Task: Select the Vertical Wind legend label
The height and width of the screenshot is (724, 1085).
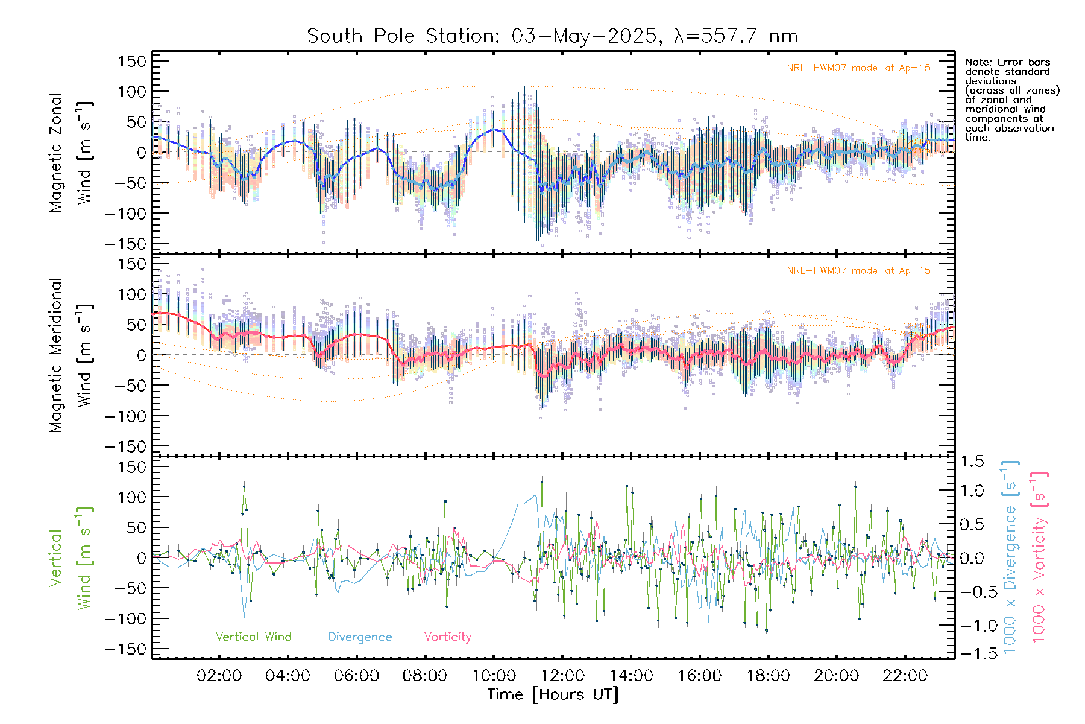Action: click(253, 637)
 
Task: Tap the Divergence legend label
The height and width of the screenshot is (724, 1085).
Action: click(360, 637)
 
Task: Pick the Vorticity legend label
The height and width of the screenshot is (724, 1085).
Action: click(447, 637)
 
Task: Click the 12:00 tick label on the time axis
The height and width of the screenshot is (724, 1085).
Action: click(562, 676)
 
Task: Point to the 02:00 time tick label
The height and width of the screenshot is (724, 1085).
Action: click(219, 676)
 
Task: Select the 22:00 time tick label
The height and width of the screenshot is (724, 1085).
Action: click(905, 676)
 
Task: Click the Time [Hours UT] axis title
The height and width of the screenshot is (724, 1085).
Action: click(553, 694)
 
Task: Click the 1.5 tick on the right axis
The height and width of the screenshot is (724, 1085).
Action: click(972, 462)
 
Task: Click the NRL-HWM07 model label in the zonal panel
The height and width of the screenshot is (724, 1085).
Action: click(858, 68)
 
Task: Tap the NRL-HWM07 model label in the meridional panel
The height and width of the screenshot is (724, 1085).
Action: click(858, 271)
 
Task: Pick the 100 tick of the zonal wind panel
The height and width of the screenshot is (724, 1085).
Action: click(132, 92)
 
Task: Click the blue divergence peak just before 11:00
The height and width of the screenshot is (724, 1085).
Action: click(534, 497)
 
